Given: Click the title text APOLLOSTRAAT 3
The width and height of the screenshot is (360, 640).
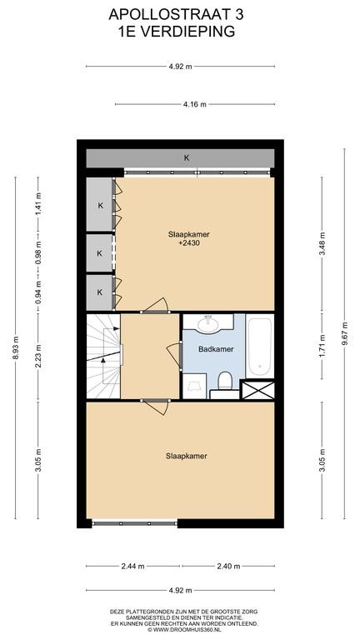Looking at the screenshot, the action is [177, 15].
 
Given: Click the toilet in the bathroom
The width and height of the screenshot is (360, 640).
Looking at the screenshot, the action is [225, 381].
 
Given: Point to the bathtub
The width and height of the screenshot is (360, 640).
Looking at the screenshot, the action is [260, 347].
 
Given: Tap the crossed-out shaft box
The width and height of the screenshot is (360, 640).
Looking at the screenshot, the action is [257, 390].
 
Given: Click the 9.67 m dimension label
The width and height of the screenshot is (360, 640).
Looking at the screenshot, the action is [344, 333].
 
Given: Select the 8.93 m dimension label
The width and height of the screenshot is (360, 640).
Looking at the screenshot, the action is [16, 347].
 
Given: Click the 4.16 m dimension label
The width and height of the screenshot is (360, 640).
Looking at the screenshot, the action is [195, 104].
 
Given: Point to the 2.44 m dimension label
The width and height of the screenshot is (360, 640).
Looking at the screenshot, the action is [133, 566].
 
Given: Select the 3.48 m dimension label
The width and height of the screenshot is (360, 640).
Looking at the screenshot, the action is [322, 243].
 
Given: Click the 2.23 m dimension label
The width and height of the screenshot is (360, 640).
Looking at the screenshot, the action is [38, 357].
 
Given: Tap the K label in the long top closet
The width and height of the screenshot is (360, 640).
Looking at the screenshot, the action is [187, 158].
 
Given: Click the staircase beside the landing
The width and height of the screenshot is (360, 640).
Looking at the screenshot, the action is [103, 356].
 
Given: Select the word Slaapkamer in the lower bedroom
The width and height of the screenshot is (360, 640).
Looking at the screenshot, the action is [186, 456].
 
